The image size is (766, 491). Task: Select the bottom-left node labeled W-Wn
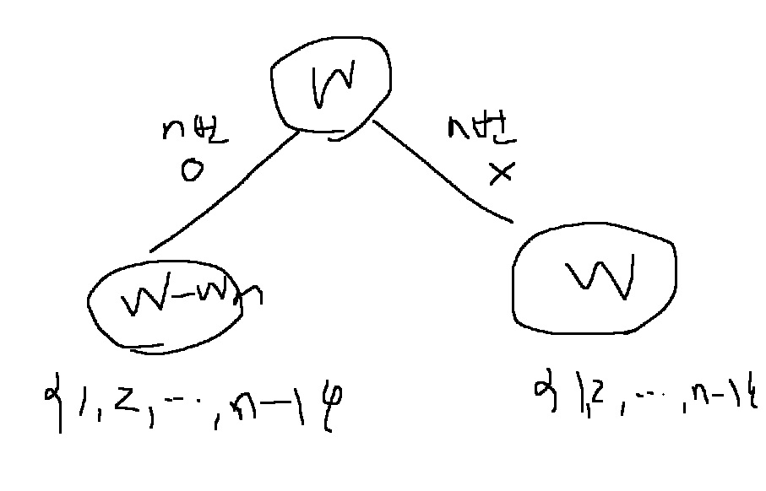pos(165,304)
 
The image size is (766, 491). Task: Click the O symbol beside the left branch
pos(192,171)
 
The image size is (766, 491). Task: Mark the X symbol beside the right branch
pos(502,174)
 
